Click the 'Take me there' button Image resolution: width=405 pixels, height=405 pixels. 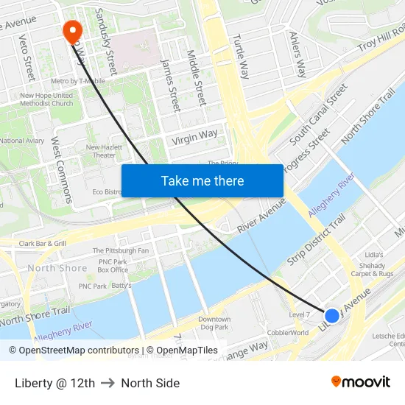[x=202, y=180]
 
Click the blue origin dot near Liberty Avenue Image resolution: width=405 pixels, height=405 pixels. [x=332, y=315]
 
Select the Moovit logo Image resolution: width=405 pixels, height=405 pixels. [x=361, y=382]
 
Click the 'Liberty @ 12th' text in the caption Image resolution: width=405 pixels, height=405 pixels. [x=54, y=383]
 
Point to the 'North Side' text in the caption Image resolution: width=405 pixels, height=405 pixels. [x=150, y=383]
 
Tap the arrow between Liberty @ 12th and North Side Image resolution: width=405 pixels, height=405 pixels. [x=108, y=383]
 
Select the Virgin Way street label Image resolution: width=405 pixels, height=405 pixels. [x=194, y=136]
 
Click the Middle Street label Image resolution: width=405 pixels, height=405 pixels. [x=196, y=77]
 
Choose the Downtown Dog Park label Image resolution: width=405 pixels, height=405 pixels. [x=214, y=323]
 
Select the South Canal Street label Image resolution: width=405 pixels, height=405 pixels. [x=318, y=113]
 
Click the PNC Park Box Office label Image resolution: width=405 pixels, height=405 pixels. [x=113, y=266]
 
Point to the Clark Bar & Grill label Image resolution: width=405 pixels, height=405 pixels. [x=43, y=243]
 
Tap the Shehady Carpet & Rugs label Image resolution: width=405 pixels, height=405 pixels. [x=372, y=270]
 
